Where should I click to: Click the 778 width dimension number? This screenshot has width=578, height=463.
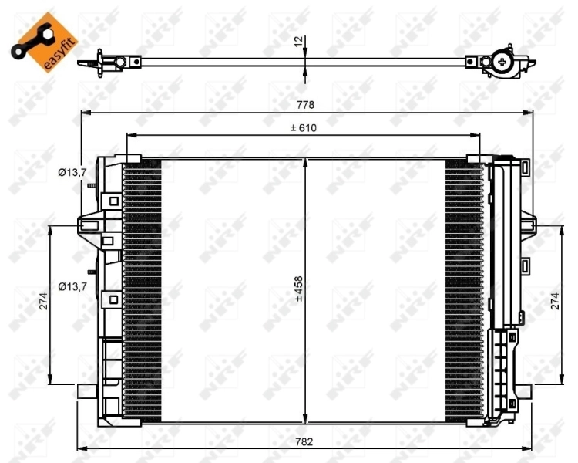[306, 104]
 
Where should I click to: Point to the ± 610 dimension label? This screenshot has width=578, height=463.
[303, 127]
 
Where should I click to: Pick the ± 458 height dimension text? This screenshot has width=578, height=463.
[298, 289]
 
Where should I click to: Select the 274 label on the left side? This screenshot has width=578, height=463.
[44, 304]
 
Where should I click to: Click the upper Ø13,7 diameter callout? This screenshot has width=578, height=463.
[72, 172]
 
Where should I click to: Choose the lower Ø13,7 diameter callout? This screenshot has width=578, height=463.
[72, 287]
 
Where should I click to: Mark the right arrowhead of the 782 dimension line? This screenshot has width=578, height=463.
[531, 449]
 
